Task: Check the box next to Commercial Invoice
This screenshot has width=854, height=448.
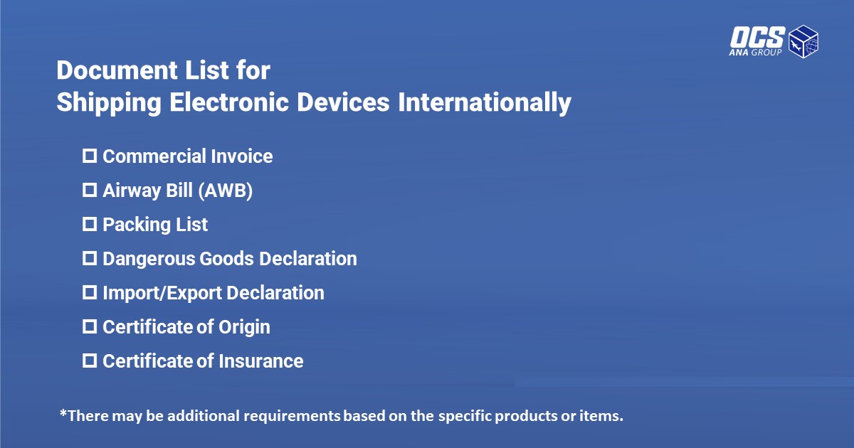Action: (90, 156)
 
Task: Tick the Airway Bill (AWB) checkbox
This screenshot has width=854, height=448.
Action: (90, 190)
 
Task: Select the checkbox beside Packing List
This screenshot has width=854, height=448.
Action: (90, 225)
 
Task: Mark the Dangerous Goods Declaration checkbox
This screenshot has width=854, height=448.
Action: (90, 258)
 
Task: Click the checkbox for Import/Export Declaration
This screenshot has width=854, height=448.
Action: (90, 292)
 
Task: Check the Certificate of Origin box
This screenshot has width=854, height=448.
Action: (90, 326)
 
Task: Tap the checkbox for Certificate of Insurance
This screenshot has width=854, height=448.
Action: (90, 361)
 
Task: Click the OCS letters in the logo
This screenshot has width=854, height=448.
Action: (757, 37)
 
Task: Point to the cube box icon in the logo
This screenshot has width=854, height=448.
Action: (803, 41)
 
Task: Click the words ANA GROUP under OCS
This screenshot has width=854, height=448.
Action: (755, 52)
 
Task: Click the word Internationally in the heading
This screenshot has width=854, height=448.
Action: (485, 102)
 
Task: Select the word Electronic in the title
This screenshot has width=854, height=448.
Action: (229, 102)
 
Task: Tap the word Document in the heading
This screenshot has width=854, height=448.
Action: (117, 70)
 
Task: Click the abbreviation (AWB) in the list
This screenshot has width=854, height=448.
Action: (226, 191)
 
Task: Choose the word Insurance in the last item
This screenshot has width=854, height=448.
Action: (261, 361)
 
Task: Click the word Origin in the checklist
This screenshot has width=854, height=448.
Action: (244, 327)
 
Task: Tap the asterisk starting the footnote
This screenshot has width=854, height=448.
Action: (63, 413)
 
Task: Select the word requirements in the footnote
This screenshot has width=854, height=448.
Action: (292, 416)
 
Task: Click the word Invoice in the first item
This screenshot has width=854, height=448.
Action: (242, 156)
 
